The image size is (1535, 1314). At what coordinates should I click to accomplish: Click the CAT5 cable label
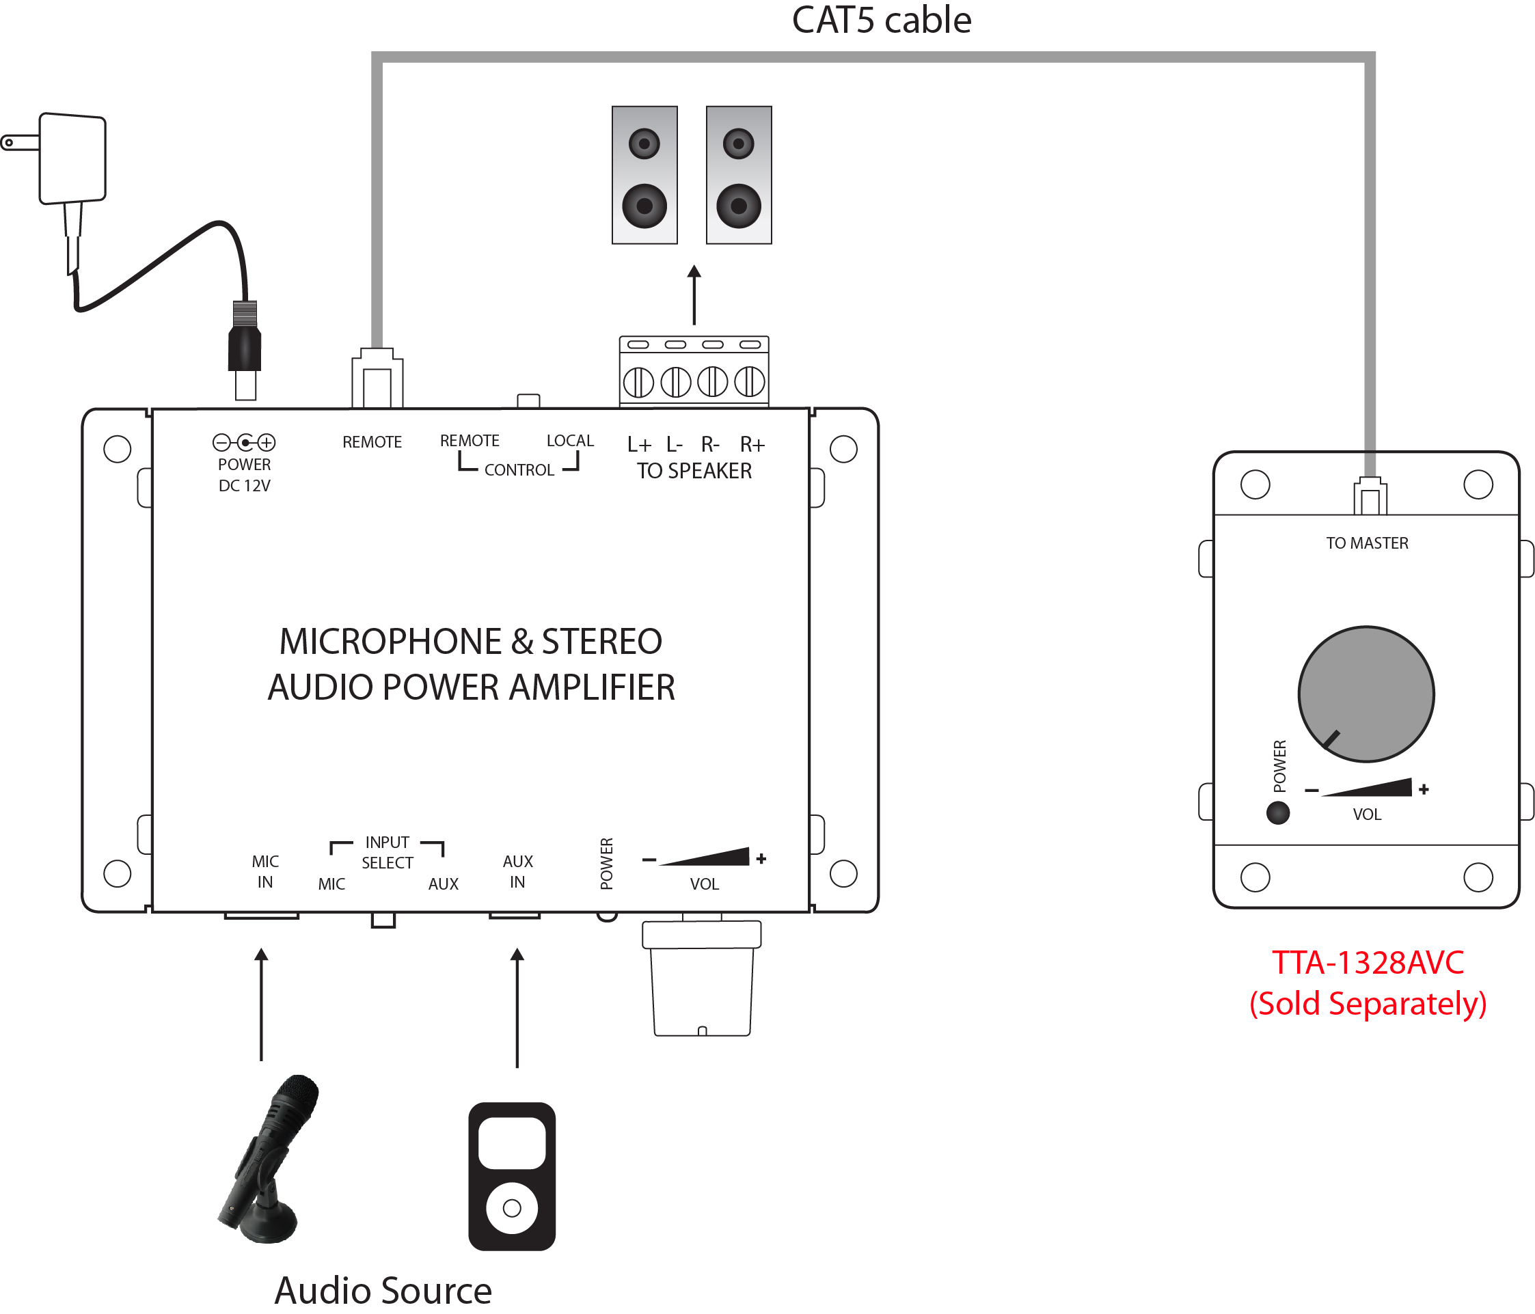(881, 20)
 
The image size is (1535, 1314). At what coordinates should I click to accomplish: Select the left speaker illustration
(644, 175)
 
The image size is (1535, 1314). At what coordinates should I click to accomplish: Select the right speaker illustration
(739, 175)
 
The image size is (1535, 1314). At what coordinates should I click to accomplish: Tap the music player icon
(512, 1176)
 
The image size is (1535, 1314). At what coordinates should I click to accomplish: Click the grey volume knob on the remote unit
(1366, 694)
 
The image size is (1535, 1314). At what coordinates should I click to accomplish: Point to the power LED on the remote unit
(1278, 813)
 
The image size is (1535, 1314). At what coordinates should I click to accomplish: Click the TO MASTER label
(1367, 543)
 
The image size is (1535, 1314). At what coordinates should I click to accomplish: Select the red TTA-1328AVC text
(1368, 962)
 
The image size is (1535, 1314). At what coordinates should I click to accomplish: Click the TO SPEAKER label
(694, 471)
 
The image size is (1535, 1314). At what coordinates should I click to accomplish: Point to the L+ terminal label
(638, 444)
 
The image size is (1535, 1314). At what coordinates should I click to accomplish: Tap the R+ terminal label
(752, 444)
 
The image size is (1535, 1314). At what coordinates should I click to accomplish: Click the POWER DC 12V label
(245, 474)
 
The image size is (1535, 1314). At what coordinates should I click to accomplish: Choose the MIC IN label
(265, 871)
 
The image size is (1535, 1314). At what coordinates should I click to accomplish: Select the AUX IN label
(517, 871)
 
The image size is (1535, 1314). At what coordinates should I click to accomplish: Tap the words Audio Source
(383, 1290)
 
